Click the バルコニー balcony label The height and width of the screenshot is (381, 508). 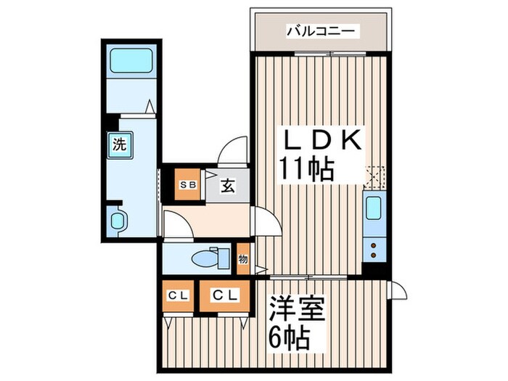coord(321,31)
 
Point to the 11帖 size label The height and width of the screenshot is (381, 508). coord(307,170)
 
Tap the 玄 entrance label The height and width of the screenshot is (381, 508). coord(227,186)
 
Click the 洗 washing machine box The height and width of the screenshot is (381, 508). coord(119,144)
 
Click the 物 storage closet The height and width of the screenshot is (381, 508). coord(242,260)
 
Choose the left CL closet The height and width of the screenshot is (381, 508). coord(176,297)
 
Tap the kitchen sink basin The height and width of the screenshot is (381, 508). coord(374,208)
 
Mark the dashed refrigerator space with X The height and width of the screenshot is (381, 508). coord(374,175)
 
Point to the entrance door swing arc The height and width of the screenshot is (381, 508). coord(234,151)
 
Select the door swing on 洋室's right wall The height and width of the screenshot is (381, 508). coord(397,292)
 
